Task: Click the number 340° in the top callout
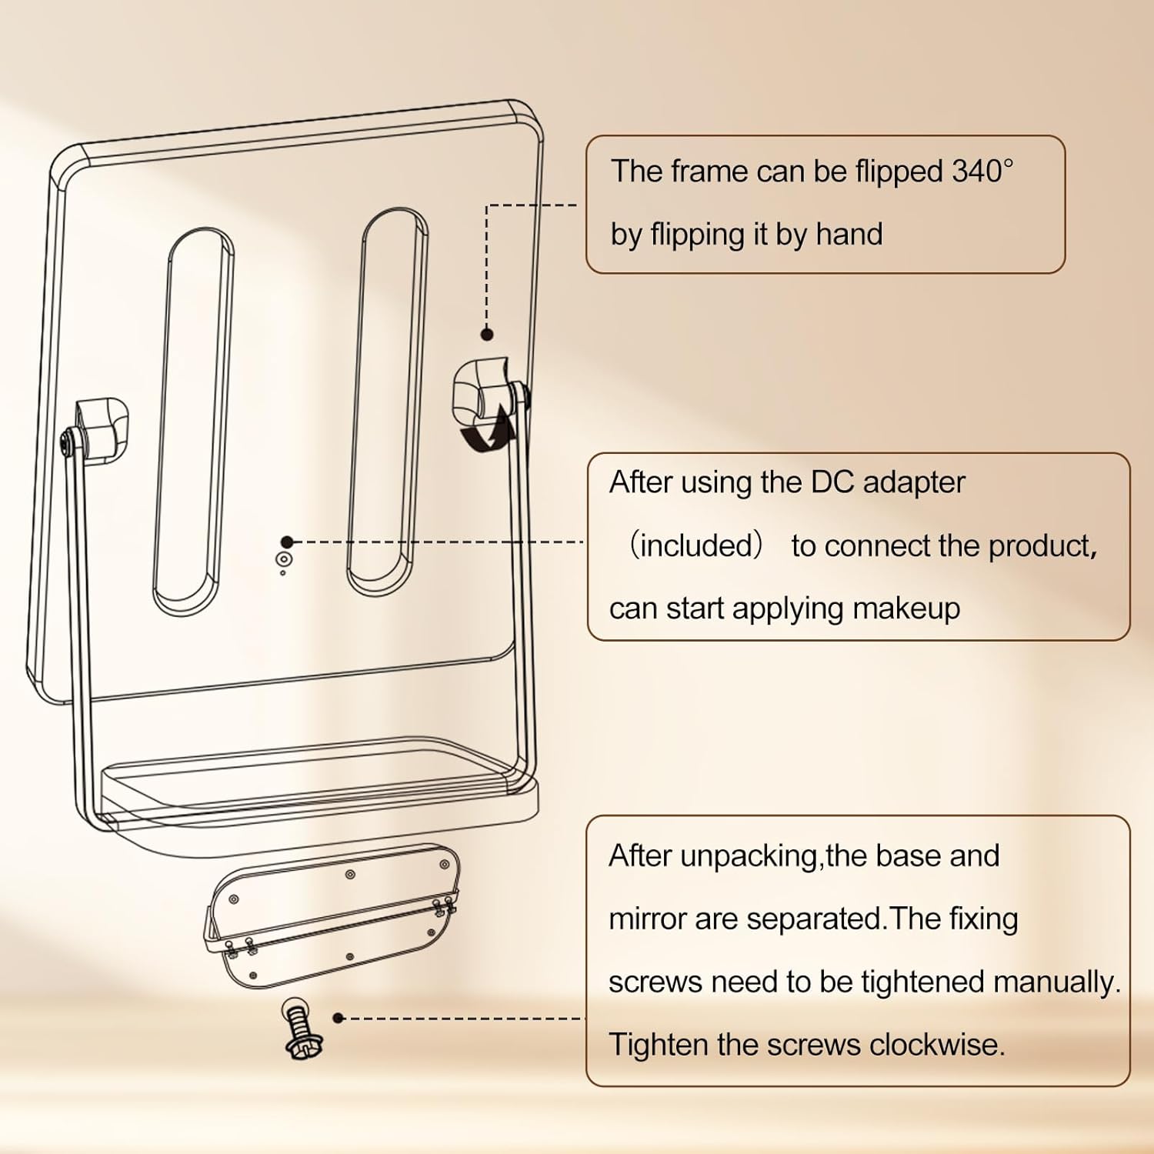tap(982, 172)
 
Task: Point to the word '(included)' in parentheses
tap(695, 545)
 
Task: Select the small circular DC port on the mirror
tap(284, 559)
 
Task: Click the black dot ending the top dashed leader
tap(487, 334)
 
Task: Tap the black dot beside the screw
tap(338, 1018)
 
